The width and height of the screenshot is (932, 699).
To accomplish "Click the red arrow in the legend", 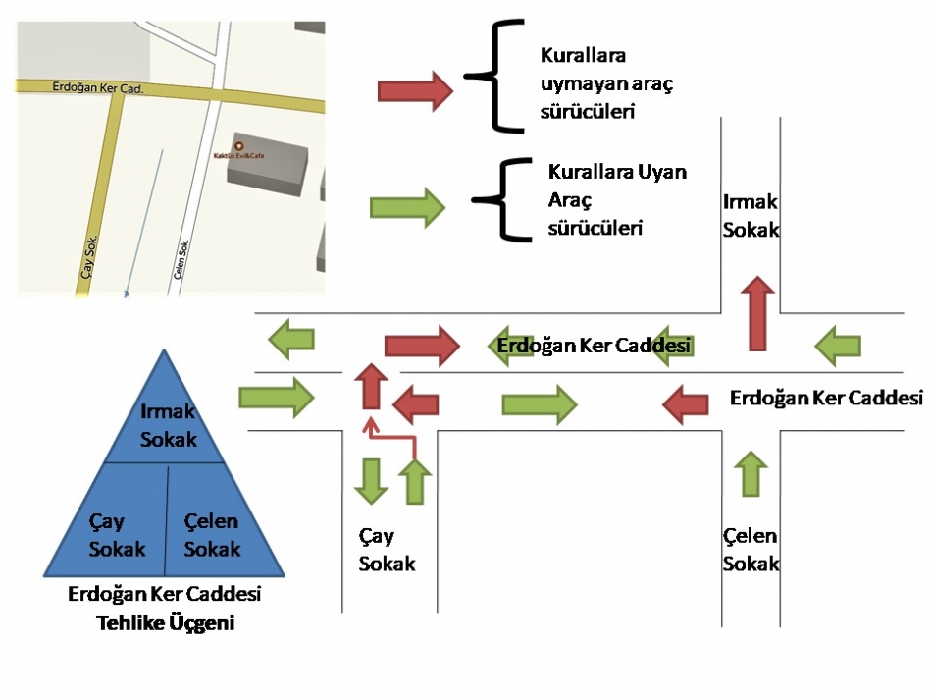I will (x=415, y=91).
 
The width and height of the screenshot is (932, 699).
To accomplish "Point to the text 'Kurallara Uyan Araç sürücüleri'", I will (x=615, y=199).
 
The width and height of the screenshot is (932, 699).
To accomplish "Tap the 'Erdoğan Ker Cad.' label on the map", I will (x=97, y=88).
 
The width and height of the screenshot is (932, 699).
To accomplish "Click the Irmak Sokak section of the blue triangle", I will (x=168, y=425).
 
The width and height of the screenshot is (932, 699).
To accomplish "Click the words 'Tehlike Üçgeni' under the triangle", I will (x=164, y=622).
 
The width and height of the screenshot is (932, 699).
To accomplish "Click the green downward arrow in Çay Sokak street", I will (x=371, y=481).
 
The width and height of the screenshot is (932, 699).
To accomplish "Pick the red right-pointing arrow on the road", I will (x=421, y=345).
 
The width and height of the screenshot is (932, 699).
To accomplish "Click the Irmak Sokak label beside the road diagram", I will (x=751, y=215).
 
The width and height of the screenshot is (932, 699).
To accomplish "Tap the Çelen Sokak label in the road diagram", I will (x=751, y=550).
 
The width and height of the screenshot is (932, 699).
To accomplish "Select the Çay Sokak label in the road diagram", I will (x=387, y=550).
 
